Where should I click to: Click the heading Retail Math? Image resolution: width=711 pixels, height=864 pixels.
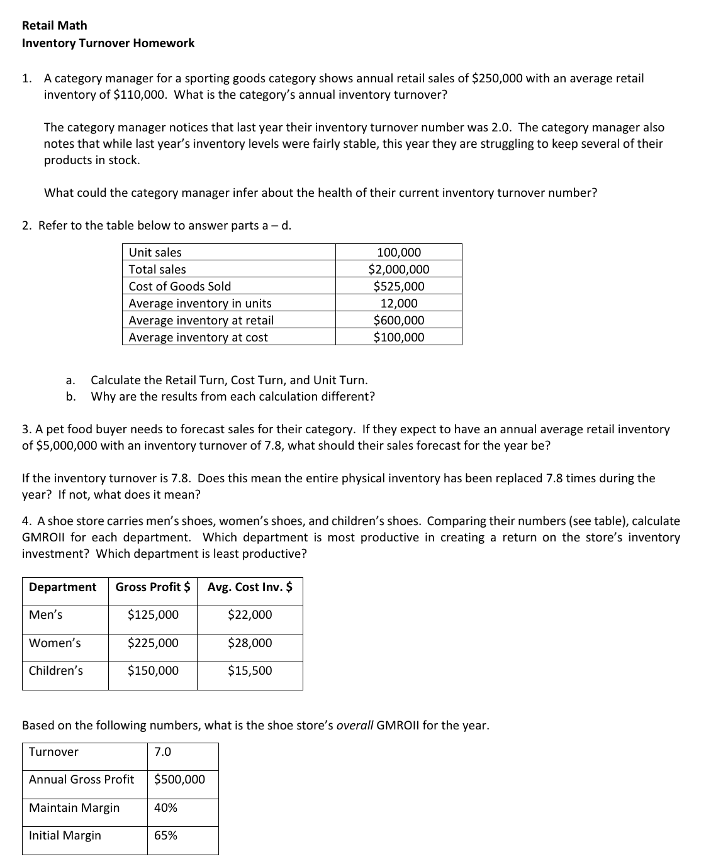coord(55,26)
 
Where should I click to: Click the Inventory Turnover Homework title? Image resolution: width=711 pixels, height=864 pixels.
coord(108,43)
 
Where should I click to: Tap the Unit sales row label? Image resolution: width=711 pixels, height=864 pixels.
coord(155,253)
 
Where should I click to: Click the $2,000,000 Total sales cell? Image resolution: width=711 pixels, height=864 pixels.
coord(399,270)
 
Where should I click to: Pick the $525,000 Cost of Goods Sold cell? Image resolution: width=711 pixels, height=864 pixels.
coord(399,287)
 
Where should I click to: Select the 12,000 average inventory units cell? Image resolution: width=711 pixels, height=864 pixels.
coord(399,304)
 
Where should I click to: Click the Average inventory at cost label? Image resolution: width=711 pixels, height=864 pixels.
coord(198,338)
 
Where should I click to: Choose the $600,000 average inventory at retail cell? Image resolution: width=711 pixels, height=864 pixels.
coord(399,321)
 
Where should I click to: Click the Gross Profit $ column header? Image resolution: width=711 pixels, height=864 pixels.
coord(153,587)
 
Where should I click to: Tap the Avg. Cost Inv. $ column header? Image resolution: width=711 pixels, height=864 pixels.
coord(250,587)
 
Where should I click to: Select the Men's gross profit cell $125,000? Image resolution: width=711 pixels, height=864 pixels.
coord(153,615)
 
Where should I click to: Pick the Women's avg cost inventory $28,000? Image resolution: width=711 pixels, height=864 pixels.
coord(250,643)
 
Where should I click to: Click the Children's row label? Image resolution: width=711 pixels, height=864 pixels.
coord(56,671)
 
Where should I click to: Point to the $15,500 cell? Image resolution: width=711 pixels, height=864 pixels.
coord(250,671)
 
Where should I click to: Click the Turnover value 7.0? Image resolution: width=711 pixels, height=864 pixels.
coord(162,752)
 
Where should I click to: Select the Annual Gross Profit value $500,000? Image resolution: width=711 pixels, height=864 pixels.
coord(179,780)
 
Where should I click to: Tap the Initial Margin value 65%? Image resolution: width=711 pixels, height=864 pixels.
coord(165,836)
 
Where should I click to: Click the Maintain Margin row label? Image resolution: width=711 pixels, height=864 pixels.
coord(74,808)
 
